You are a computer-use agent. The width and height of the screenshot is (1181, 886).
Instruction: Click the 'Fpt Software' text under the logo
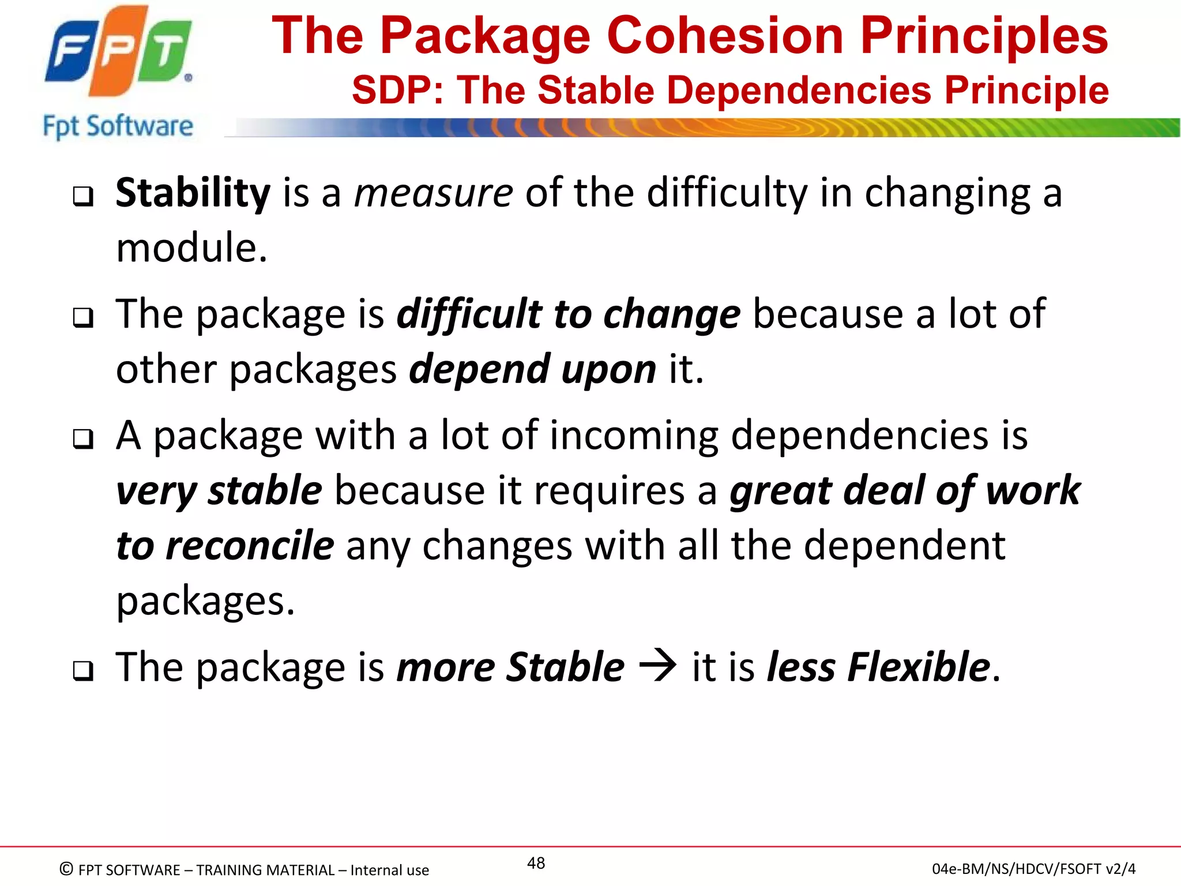click(118, 126)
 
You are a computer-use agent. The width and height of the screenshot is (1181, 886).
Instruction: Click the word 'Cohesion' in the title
click(727, 36)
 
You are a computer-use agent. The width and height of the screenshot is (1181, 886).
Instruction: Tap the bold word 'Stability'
click(193, 193)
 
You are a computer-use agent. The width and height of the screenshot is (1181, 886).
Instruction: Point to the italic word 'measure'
click(433, 193)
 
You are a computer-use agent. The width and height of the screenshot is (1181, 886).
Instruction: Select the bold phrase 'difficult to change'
click(568, 314)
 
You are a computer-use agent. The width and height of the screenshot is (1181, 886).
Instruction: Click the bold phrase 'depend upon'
click(532, 369)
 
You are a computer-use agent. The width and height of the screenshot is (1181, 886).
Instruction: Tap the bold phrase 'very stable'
click(219, 490)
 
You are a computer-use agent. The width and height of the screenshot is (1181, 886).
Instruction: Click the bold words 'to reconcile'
click(225, 546)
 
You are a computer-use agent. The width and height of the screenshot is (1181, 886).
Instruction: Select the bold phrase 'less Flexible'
click(878, 667)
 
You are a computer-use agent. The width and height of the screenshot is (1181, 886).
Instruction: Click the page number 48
click(536, 863)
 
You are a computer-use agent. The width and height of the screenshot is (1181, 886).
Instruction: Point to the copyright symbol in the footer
click(66, 869)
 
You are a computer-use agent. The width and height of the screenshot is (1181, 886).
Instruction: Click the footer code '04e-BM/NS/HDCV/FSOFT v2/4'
click(1033, 869)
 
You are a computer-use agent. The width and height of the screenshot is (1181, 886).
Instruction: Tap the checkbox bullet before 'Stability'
click(83, 197)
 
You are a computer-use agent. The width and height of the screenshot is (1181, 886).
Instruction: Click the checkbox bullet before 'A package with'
click(83, 439)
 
